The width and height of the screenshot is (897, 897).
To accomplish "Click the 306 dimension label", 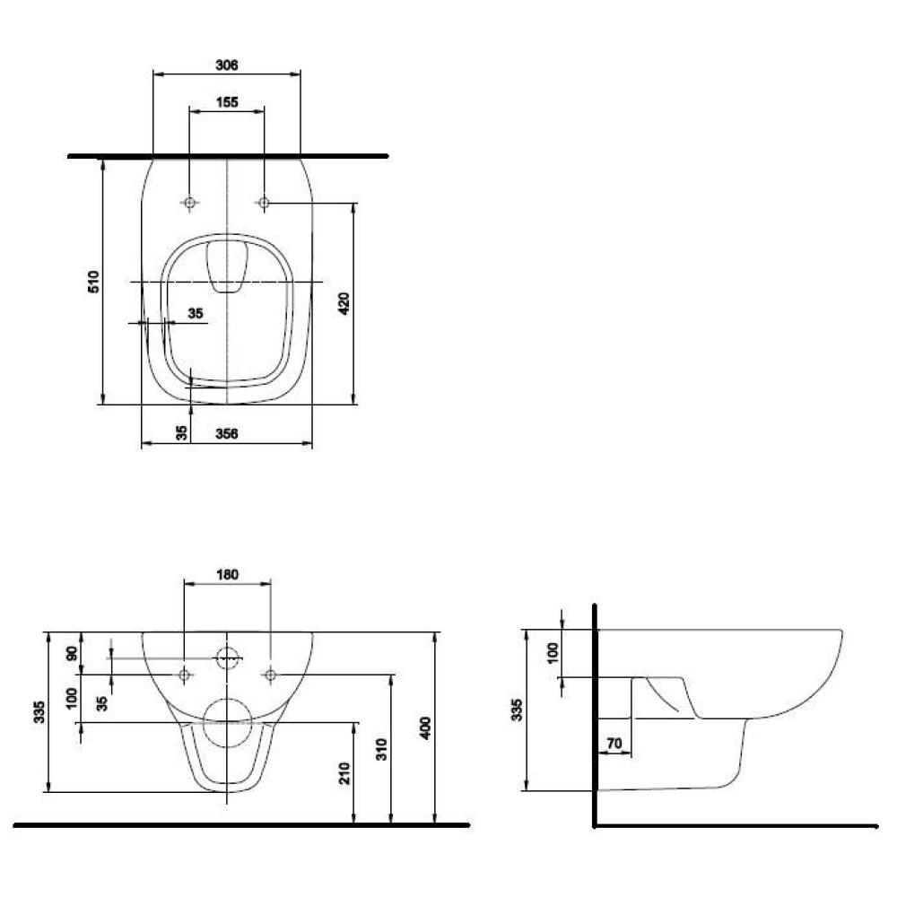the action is [x=227, y=65].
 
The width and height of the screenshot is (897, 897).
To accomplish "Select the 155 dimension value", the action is [x=227, y=102].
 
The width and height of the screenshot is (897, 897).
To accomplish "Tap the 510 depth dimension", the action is [x=93, y=282].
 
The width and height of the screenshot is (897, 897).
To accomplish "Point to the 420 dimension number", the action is [x=344, y=303].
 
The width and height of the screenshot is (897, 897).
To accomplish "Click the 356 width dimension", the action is [x=227, y=433].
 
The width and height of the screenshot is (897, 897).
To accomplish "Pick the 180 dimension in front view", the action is [x=227, y=574].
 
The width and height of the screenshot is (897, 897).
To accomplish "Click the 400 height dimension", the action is [x=425, y=727].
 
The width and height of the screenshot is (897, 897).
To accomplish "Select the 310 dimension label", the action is [x=381, y=749].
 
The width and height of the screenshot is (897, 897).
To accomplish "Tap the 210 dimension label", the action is [x=344, y=773].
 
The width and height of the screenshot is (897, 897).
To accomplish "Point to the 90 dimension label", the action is [x=72, y=653].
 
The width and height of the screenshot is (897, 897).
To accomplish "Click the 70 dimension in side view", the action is [x=614, y=743].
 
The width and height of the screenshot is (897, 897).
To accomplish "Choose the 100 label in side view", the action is [x=552, y=653].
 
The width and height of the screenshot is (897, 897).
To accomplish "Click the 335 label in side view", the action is [x=517, y=710].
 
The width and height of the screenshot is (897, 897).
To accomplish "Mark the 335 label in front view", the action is [x=39, y=711].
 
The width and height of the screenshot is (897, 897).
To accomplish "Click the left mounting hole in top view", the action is [x=189, y=203].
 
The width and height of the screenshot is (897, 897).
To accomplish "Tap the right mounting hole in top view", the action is [x=264, y=203].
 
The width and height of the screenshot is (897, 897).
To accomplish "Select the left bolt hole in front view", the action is [x=184, y=675].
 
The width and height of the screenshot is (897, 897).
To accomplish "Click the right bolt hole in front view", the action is [x=271, y=675].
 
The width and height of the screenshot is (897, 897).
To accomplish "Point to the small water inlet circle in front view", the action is [x=228, y=658].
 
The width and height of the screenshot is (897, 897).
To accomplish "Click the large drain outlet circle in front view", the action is [x=228, y=723].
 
